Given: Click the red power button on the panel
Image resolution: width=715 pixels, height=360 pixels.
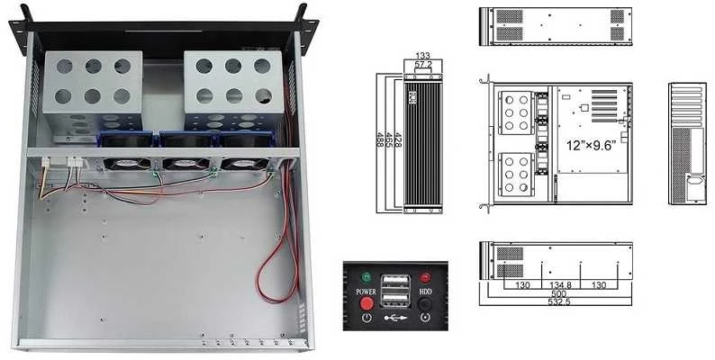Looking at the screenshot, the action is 367,303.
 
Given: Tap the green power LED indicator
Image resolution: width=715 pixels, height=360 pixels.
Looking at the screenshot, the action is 366,276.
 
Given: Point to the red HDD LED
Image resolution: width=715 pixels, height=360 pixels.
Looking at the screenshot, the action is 425,277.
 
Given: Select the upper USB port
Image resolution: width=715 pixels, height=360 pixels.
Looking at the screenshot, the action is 395,281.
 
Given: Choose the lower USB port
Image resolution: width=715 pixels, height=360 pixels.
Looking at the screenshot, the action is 395,300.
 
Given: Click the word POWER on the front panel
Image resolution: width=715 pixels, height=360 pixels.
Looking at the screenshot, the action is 366,292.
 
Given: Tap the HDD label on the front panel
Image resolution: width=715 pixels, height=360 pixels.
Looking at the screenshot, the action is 425,292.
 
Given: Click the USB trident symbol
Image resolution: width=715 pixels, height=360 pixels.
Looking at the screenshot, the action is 395,318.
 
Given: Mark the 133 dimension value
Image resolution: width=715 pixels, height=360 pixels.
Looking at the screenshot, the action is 422,56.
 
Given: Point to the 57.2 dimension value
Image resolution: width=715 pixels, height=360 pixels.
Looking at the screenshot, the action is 423,65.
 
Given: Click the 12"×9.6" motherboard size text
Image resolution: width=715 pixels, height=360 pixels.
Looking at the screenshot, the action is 592,146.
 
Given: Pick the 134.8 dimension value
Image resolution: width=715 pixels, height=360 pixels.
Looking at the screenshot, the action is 560,285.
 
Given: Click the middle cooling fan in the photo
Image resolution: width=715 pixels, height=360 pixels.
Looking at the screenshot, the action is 185,163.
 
